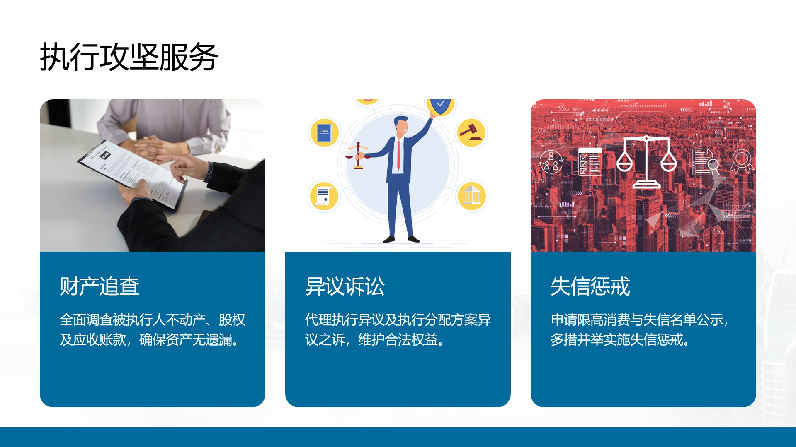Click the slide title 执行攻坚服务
pyautogui.click(x=129, y=57)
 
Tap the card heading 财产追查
pyautogui.click(x=99, y=286)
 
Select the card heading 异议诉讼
pyautogui.click(x=345, y=286)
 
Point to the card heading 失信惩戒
pyautogui.click(x=590, y=286)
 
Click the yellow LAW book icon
pyautogui.click(x=324, y=132)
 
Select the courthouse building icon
pyautogui.click(x=472, y=196)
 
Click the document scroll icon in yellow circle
pyautogui.click(x=324, y=196)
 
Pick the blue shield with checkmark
pyautogui.click(x=440, y=106)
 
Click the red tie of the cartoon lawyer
pyautogui.click(x=398, y=154)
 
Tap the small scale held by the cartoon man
pyautogui.click(x=358, y=156)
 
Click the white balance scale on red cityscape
pyautogui.click(x=646, y=161)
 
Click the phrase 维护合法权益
pyautogui.click(x=398, y=340)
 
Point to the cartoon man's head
pyautogui.click(x=401, y=127)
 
